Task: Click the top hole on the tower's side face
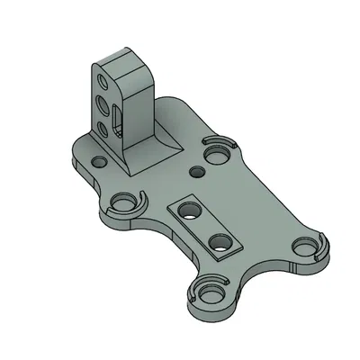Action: pos(104,83)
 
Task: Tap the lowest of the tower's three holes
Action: pos(102,129)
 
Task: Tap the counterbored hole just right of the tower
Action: pos(217,155)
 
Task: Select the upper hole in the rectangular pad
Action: pos(188,211)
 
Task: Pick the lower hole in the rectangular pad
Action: pos(219,241)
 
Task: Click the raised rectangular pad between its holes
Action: pos(203,226)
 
